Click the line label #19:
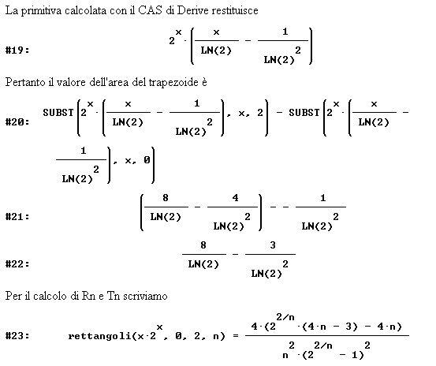pos(17,50)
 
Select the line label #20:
pos(17,121)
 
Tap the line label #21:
pos(17,216)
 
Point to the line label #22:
pos(17,263)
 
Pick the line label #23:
pos(17,336)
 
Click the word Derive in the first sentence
pos(193,10)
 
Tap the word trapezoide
pos(173,83)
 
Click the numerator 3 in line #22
pos(273,245)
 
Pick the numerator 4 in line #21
pos(235,198)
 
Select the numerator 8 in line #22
pos(203,245)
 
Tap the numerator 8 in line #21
pos(166,198)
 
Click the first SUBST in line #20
pos(58,113)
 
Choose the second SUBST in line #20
pos(304,113)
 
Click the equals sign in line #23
pos(236,336)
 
